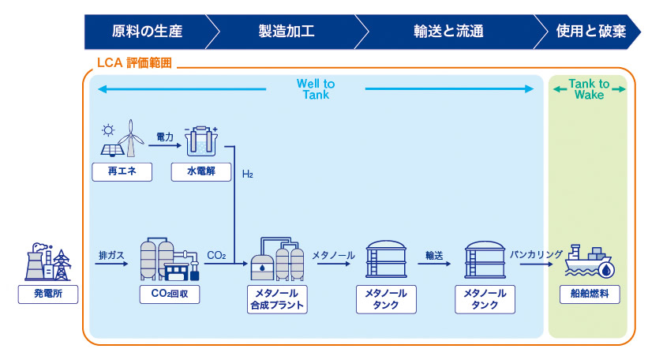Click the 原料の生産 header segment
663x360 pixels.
click(146, 32)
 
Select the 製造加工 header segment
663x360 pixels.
click(287, 32)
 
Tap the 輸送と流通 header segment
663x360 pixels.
click(448, 32)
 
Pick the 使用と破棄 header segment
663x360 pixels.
click(590, 32)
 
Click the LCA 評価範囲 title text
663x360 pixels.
click(134, 63)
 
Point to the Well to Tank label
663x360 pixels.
click(316, 89)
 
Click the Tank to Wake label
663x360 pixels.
click(589, 89)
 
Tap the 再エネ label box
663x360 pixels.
click(122, 172)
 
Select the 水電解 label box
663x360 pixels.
click(201, 172)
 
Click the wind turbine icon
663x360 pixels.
click(131, 138)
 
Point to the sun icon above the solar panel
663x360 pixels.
click(108, 130)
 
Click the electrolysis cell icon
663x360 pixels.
click(200, 141)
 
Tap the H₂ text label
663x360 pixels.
click(247, 174)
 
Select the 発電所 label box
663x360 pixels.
click(48, 294)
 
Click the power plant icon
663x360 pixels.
click(48, 262)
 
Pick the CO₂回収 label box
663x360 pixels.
click(170, 294)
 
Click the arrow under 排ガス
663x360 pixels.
click(111, 264)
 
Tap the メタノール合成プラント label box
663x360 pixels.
click(277, 299)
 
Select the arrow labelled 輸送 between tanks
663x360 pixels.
click(434, 264)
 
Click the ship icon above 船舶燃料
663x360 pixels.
click(590, 261)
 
